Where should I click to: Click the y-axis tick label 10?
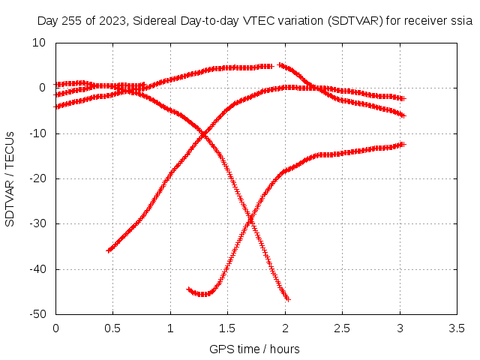39,43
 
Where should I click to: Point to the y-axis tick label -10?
37,133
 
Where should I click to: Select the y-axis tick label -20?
37,178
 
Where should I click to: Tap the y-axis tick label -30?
37,223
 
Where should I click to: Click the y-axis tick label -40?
37,269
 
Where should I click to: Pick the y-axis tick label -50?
37,314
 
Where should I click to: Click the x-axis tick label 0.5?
112,328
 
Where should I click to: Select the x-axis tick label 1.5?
227,328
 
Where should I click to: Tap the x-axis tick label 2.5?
342,328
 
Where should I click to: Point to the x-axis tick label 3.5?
457,328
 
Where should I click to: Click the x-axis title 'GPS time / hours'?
254,349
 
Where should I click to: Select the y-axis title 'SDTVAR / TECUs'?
10,179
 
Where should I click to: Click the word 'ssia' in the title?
462,21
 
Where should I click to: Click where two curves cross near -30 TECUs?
250,220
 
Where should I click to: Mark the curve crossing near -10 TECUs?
203,134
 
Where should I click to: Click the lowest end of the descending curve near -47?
287,299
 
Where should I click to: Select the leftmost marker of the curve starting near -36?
109,250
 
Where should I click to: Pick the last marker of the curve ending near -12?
403,144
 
